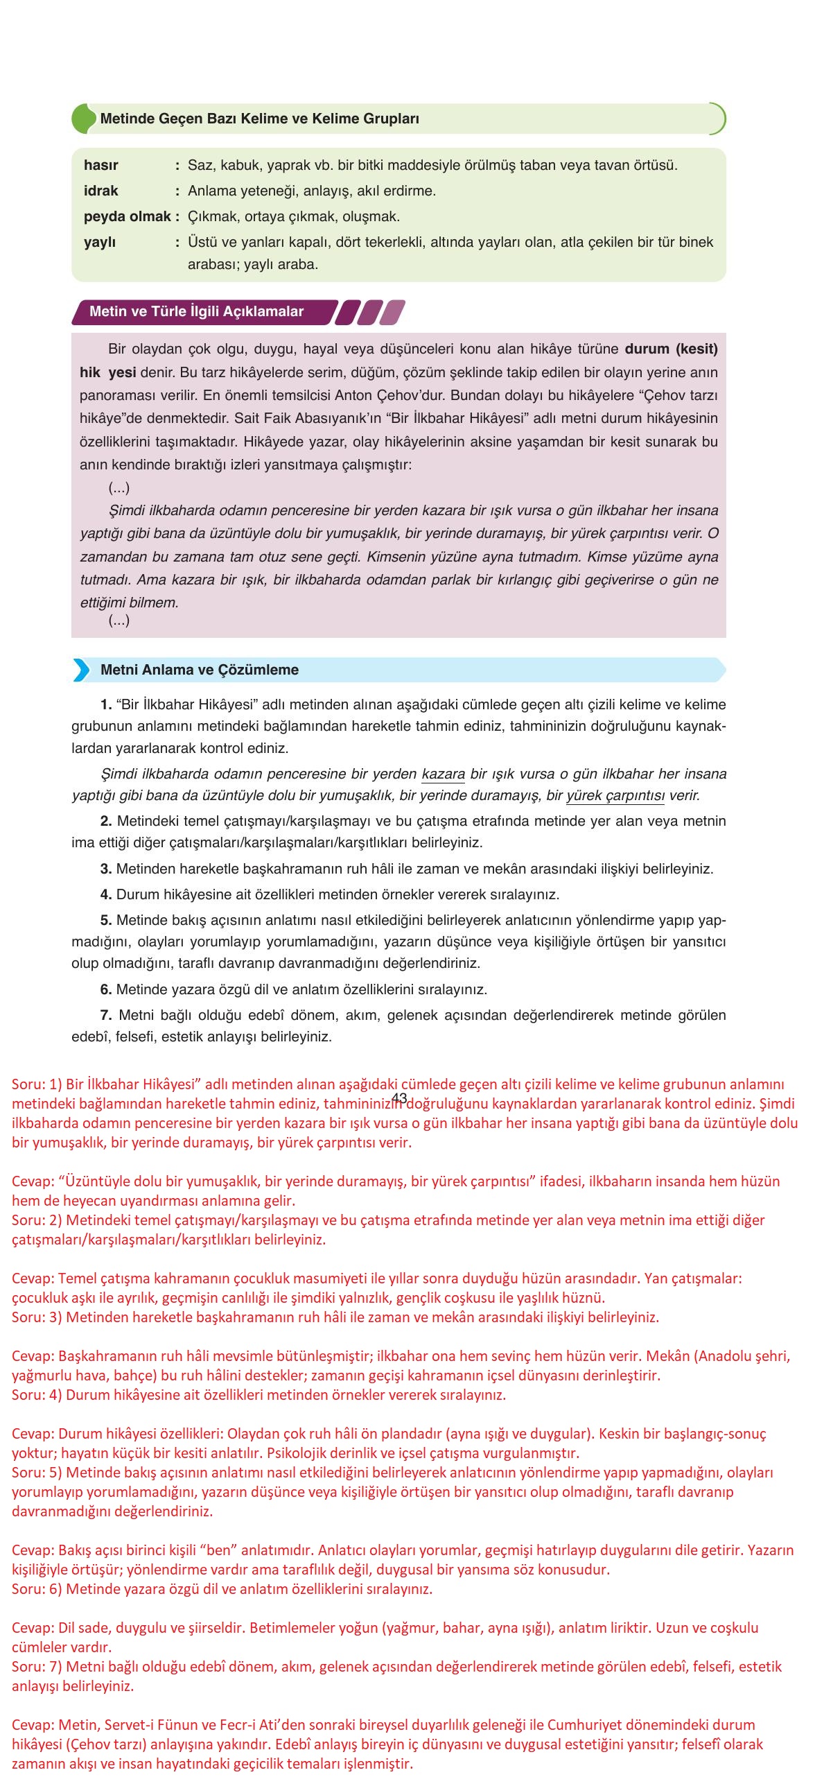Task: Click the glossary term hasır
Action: (100, 165)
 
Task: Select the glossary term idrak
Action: (100, 191)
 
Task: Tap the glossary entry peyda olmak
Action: (127, 216)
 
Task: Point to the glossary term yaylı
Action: (100, 242)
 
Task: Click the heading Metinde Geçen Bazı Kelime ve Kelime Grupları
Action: (259, 119)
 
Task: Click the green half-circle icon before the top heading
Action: (82, 119)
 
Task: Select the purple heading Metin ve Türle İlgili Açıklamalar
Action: (196, 311)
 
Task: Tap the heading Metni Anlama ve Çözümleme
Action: (200, 670)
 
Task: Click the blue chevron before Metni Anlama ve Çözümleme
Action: (82, 670)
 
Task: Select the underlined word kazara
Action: (443, 773)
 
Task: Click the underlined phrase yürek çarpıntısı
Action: (615, 795)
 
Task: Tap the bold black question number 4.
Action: (106, 894)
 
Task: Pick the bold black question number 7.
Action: (106, 1015)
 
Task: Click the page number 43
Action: (399, 1098)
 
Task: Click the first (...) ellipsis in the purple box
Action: (119, 488)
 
